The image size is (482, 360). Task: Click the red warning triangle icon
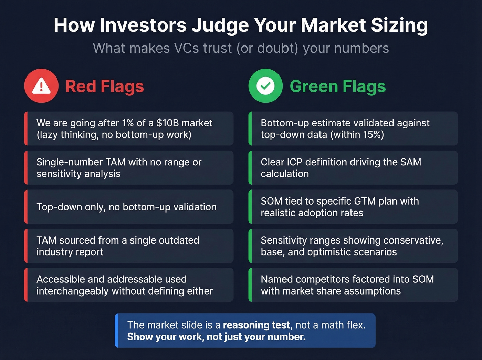pos(41,86)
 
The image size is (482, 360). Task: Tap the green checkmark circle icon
pos(265,86)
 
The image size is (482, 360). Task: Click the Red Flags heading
pos(105,86)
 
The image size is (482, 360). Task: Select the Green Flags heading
pos(337,86)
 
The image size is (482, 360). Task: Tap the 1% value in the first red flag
pos(128,123)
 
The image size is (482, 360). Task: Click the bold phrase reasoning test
pos(256,325)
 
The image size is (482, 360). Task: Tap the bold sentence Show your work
pos(216,337)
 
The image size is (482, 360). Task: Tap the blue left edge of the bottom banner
pos(117,330)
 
